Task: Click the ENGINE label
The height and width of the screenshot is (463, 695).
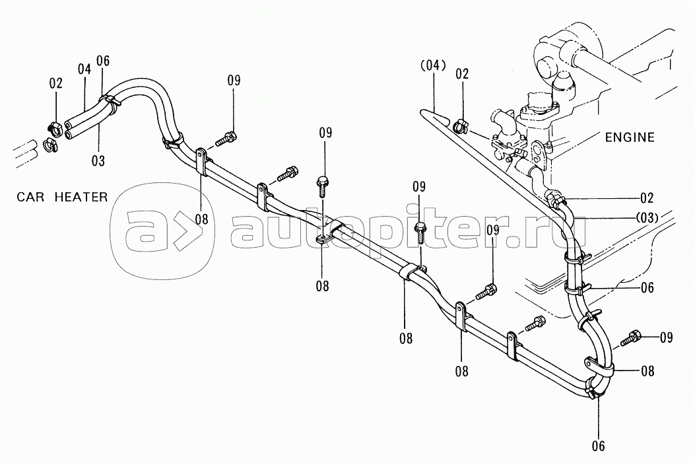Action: (x=630, y=137)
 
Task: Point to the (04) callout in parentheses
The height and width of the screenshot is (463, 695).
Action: (x=432, y=65)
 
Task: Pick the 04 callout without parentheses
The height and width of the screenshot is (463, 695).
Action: (x=83, y=68)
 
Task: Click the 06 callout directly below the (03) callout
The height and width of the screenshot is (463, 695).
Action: (x=647, y=287)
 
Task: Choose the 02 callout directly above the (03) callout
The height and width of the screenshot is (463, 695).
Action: (x=647, y=197)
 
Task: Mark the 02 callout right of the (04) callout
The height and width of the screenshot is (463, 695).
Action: (x=462, y=73)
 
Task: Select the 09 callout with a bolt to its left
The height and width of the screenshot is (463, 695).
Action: (x=665, y=338)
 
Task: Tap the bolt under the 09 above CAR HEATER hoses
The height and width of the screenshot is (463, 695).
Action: (x=228, y=139)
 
